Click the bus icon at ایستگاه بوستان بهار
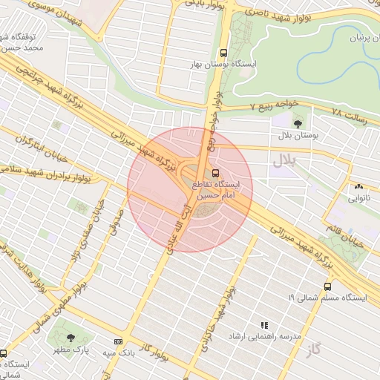tap(223, 53)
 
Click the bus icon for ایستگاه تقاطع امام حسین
tap(216, 173)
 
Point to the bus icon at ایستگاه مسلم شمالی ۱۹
tap(327, 286)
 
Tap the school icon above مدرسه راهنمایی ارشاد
tap(263, 324)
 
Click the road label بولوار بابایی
tap(202, 7)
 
